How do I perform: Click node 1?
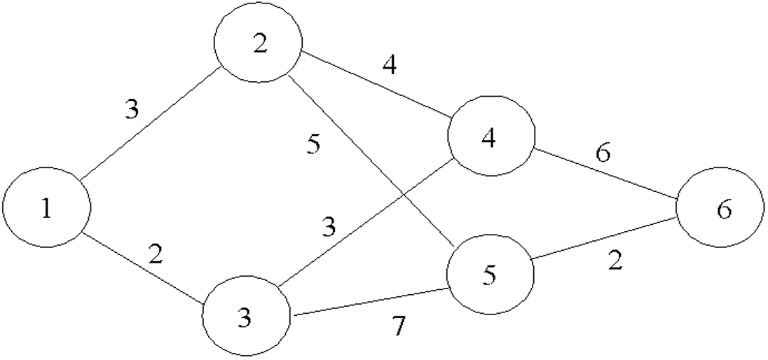pyautogui.click(x=47, y=208)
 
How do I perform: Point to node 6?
pyautogui.click(x=720, y=209)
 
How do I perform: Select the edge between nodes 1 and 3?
pyautogui.click(x=144, y=270)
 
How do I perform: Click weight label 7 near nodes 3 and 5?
pyautogui.click(x=399, y=326)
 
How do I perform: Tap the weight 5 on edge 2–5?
pyautogui.click(x=315, y=145)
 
